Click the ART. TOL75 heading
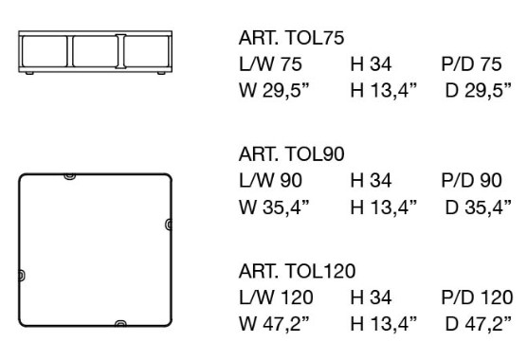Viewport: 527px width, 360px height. tap(291, 38)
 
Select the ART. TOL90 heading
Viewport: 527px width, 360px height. tap(291, 154)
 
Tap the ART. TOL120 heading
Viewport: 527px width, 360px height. tap(297, 271)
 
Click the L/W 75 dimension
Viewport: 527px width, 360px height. tap(270, 63)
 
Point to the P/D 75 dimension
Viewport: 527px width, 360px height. tap(471, 63)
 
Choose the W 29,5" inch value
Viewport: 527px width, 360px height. tap(274, 90)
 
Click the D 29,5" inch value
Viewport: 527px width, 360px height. tap(479, 90)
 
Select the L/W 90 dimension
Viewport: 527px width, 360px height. tap(270, 180)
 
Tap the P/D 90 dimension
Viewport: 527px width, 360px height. tap(471, 180)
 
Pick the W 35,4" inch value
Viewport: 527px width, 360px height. tap(274, 207)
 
